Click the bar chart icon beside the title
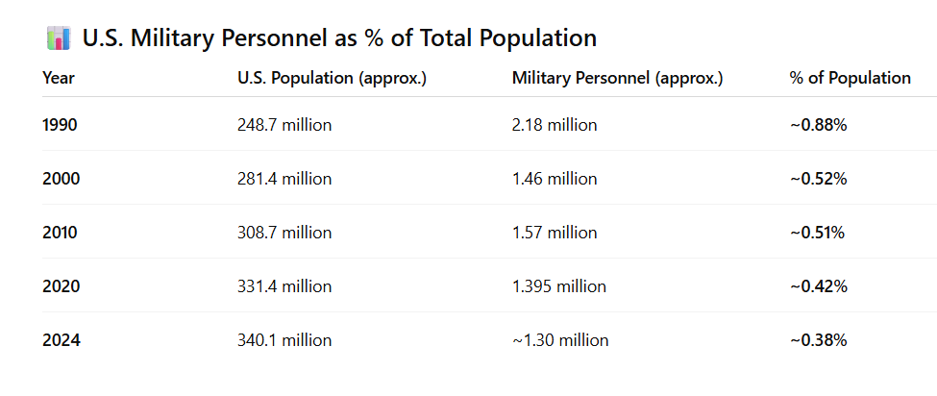(59, 38)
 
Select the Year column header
(59, 78)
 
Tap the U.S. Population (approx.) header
(332, 78)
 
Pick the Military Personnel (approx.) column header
(617, 78)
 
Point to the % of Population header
(850, 78)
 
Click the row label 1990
(61, 125)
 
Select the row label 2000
(61, 179)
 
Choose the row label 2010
(61, 233)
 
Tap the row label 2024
(61, 340)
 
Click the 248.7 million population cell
(284, 125)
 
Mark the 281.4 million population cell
(284, 179)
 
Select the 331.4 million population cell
(284, 286)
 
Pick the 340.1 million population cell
(284, 340)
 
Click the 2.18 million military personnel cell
(555, 125)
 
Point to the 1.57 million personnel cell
(555, 233)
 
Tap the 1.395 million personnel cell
(559, 286)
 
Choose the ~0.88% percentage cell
(818, 125)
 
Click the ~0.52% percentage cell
(818, 179)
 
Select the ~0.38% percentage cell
(818, 340)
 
